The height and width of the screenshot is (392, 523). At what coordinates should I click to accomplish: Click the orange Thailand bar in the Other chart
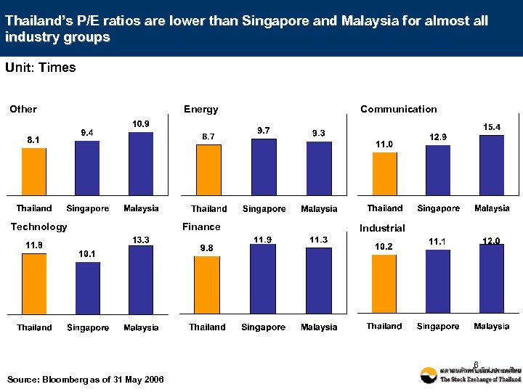[34, 171]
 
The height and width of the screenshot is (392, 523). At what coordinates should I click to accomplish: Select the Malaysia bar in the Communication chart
[492, 165]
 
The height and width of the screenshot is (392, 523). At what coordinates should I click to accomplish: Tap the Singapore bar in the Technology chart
[88, 287]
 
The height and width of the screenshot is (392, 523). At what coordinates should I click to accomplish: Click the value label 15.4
[492, 127]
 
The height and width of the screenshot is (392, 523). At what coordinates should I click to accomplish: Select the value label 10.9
[140, 124]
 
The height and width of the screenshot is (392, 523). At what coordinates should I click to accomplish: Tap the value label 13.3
[140, 240]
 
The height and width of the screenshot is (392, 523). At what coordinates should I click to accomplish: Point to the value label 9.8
[207, 248]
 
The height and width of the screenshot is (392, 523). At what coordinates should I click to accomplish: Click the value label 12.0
[492, 241]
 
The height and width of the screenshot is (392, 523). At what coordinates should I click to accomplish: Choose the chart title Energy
[200, 110]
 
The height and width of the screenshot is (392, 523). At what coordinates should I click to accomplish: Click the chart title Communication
[399, 110]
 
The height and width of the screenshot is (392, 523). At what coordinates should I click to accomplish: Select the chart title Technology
[38, 227]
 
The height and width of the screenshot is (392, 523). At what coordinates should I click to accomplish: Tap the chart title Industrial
[382, 228]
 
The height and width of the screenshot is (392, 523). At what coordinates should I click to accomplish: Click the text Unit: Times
[41, 68]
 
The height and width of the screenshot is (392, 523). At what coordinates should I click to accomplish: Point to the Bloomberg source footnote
[85, 380]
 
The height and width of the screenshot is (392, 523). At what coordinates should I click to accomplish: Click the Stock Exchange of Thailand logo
[471, 375]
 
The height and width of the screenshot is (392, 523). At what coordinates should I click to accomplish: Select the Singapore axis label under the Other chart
[88, 209]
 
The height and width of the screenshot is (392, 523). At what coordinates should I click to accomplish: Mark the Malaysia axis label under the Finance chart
[319, 327]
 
